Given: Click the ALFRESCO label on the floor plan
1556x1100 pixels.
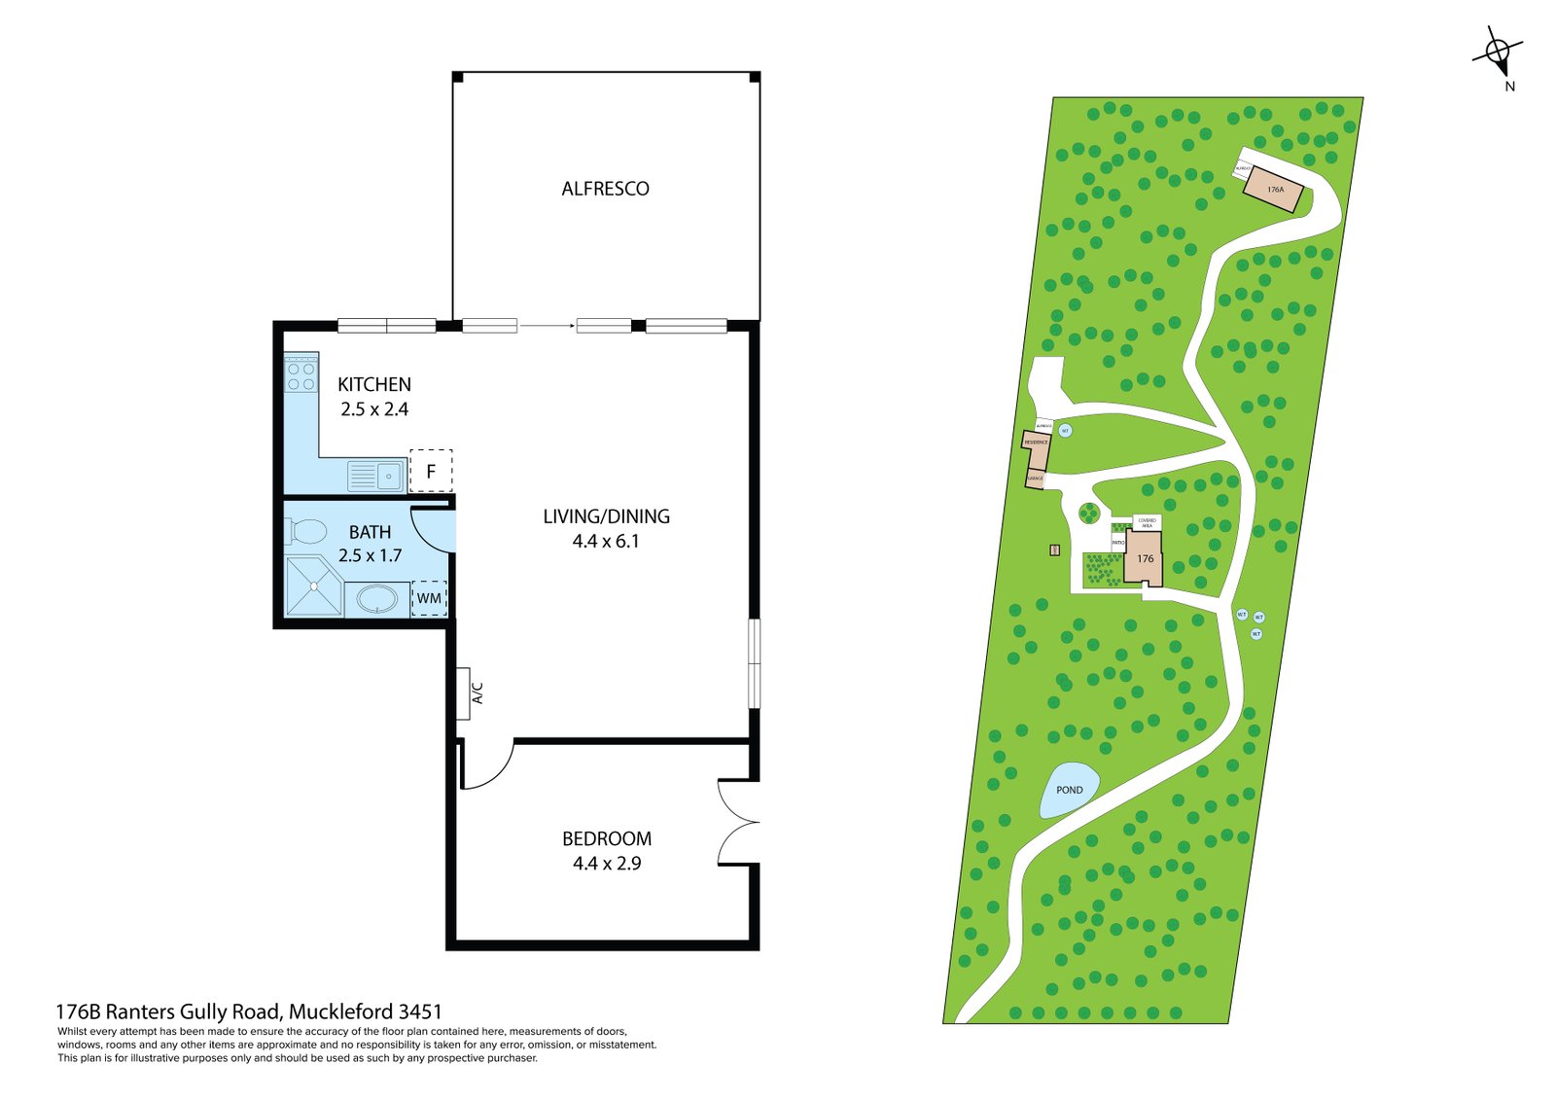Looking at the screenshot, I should (605, 189).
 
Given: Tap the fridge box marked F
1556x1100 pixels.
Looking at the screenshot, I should (431, 472).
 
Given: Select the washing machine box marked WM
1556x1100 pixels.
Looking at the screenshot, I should (429, 598).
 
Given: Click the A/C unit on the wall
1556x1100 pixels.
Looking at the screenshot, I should (464, 692).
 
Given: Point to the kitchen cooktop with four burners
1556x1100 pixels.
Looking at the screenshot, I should (301, 376).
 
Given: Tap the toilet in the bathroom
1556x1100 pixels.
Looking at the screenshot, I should (306, 532).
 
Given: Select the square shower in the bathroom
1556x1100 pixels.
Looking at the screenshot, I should (314, 586).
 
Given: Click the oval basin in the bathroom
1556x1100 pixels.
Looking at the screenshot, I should (376, 597).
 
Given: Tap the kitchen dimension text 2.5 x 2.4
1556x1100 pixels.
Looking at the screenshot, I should (374, 409).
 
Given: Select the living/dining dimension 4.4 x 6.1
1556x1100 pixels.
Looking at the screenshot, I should (606, 542).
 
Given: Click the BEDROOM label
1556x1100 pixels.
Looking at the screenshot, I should (607, 838).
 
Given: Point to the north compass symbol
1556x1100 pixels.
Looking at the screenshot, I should (1499, 53).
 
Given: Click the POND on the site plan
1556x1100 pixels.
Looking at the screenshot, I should (1070, 790).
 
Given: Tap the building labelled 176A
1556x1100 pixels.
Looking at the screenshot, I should (1275, 190).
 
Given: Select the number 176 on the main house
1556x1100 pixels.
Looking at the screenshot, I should (1146, 558).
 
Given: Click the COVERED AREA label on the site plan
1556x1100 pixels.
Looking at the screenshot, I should (1147, 522).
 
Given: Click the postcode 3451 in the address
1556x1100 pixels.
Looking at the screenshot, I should (420, 1011).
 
